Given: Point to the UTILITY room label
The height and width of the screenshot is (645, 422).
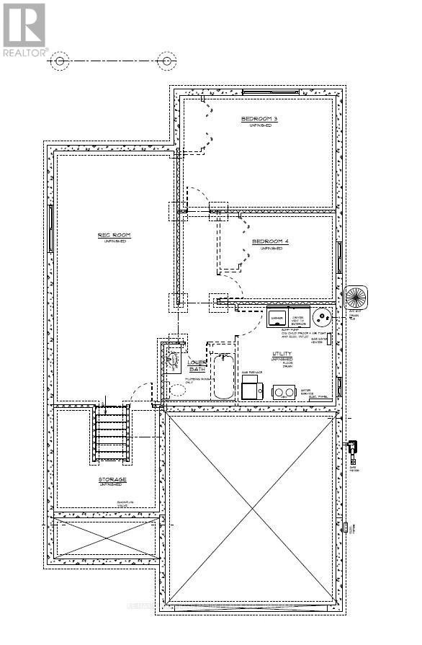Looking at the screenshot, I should [282, 354].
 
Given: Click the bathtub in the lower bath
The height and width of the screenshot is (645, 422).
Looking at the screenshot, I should [223, 375].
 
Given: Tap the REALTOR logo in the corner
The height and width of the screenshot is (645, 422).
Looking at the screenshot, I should [24, 30].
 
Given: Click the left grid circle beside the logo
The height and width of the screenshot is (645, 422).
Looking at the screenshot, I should [60, 61].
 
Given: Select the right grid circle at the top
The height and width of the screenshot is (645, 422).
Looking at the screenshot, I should [167, 61].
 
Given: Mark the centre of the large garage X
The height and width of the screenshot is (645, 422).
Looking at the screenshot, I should [252, 510].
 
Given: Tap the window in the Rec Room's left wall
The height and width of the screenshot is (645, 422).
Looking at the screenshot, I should [50, 228].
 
